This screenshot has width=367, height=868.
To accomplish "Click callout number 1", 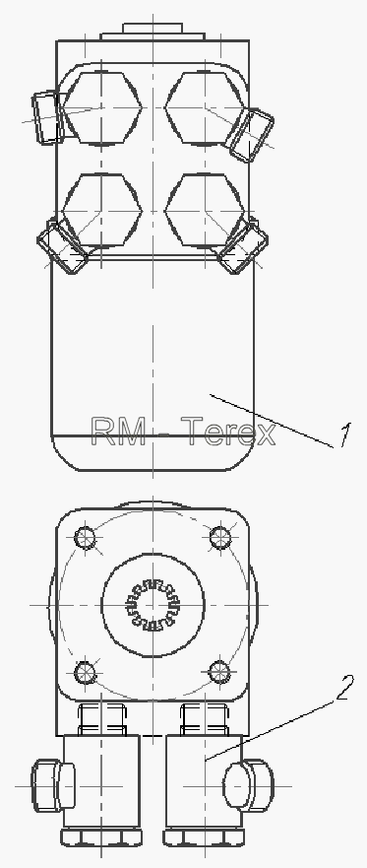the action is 344,435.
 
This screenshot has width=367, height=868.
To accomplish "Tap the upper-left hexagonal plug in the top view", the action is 102,107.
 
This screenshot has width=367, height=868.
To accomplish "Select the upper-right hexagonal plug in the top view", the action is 205,107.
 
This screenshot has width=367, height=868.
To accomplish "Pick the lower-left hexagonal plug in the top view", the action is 102,211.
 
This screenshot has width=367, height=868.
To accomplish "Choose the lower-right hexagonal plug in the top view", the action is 205,211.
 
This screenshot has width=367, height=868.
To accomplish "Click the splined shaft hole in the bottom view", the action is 153,605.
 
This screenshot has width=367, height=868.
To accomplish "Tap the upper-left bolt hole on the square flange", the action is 85,537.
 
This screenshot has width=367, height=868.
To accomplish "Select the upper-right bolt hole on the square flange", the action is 220,536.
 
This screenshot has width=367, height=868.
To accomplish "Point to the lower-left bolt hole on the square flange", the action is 85,673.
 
